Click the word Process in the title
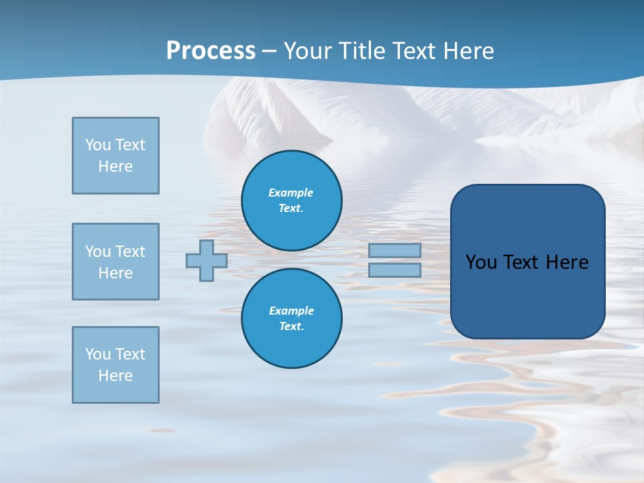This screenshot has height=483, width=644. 211,51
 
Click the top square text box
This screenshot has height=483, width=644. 115,156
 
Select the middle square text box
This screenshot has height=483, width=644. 115,262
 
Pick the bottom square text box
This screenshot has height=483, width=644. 115,365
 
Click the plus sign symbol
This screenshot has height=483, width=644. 207,260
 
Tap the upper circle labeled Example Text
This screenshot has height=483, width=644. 292,201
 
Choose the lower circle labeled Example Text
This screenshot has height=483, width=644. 292,319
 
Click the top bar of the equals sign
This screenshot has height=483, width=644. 394,251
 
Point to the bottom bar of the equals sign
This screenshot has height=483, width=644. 394,270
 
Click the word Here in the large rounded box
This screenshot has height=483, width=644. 567,262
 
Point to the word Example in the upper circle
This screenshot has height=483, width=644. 291,193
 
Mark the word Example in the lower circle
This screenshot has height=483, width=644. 291,311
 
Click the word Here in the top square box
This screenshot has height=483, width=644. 115,166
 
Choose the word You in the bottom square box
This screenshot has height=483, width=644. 98,354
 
